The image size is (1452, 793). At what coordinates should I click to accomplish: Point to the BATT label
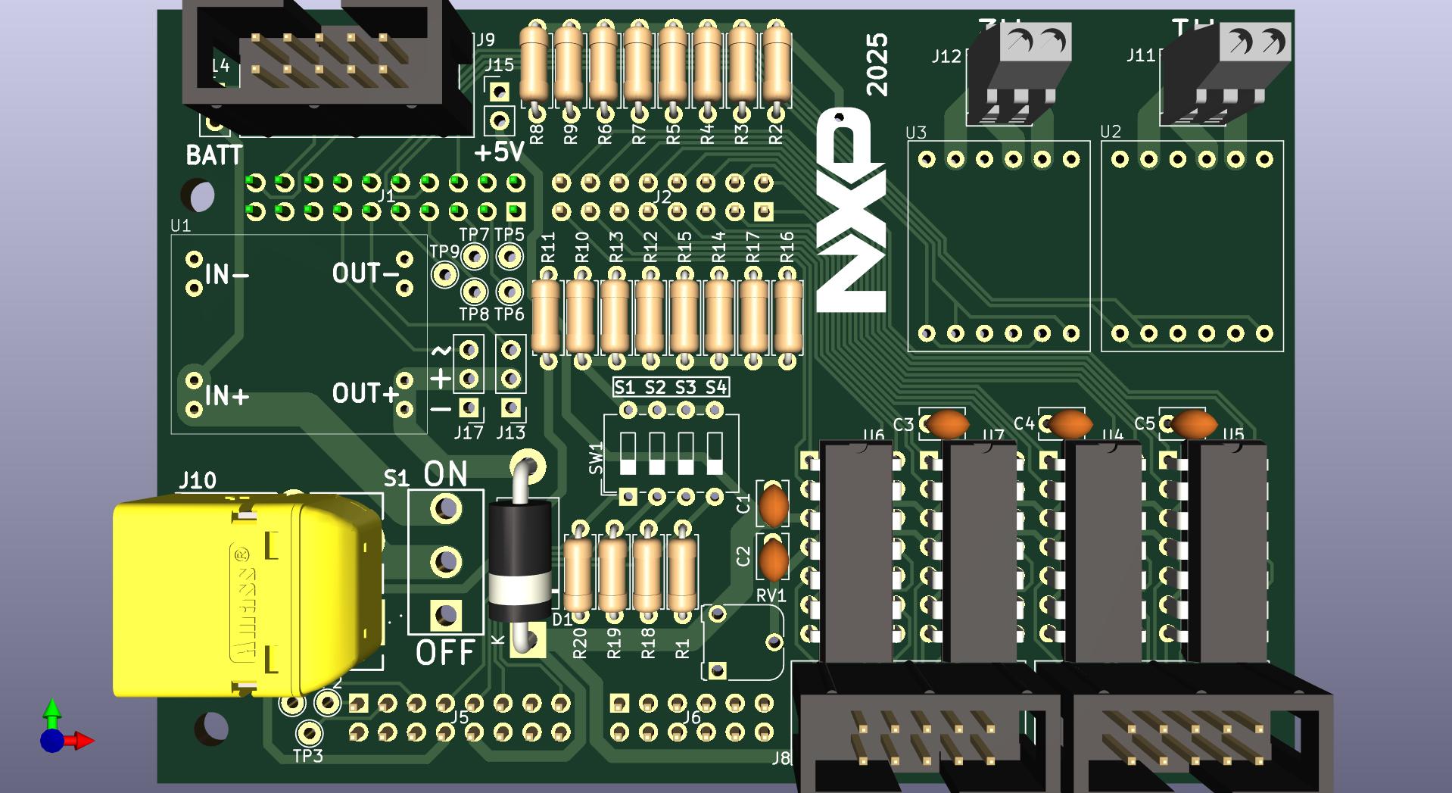(214, 155)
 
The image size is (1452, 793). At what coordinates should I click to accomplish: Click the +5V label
(500, 152)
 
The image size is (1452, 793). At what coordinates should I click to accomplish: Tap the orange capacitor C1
(774, 505)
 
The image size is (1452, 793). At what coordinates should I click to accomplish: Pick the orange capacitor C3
(946, 424)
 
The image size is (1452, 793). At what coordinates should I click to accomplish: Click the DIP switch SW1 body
(671, 454)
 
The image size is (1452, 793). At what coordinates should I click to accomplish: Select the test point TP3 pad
(308, 732)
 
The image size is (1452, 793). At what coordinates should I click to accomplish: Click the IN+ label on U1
(227, 395)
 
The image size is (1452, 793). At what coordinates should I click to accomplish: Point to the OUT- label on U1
(366, 273)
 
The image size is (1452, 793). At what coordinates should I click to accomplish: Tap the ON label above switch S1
(445, 474)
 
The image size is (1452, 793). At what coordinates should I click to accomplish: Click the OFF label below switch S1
(445, 652)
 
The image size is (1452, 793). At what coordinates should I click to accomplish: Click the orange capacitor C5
(1192, 424)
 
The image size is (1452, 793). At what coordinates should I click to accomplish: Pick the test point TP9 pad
(444, 274)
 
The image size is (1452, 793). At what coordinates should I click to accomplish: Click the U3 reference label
(916, 133)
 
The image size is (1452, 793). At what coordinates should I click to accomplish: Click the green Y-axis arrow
(51, 710)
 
